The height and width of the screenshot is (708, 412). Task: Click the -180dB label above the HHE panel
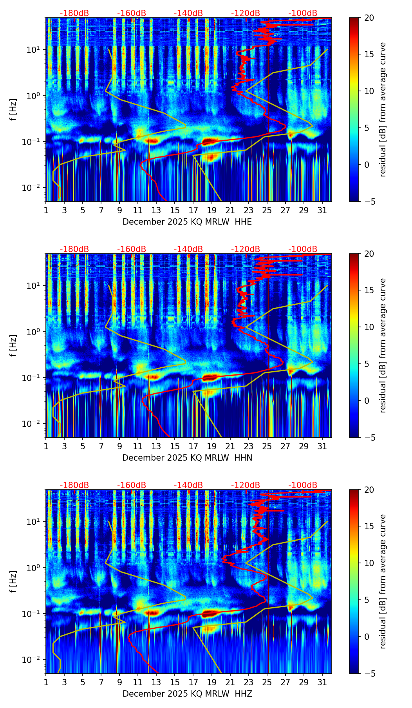point(74,13)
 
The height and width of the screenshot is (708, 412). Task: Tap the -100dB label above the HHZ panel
point(303,485)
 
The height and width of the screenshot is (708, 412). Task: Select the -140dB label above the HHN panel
point(188,249)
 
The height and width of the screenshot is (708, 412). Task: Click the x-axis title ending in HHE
point(187,222)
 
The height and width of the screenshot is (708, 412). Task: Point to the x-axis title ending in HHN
point(187,458)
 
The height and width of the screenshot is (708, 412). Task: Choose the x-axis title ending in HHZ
point(187,694)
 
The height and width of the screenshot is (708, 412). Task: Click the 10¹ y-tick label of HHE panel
point(37,50)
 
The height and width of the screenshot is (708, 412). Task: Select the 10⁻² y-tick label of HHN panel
point(35,424)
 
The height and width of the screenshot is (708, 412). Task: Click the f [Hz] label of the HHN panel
point(13,345)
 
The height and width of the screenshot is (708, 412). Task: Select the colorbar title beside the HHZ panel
point(383,581)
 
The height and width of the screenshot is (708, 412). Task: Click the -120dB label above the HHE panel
point(246,13)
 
